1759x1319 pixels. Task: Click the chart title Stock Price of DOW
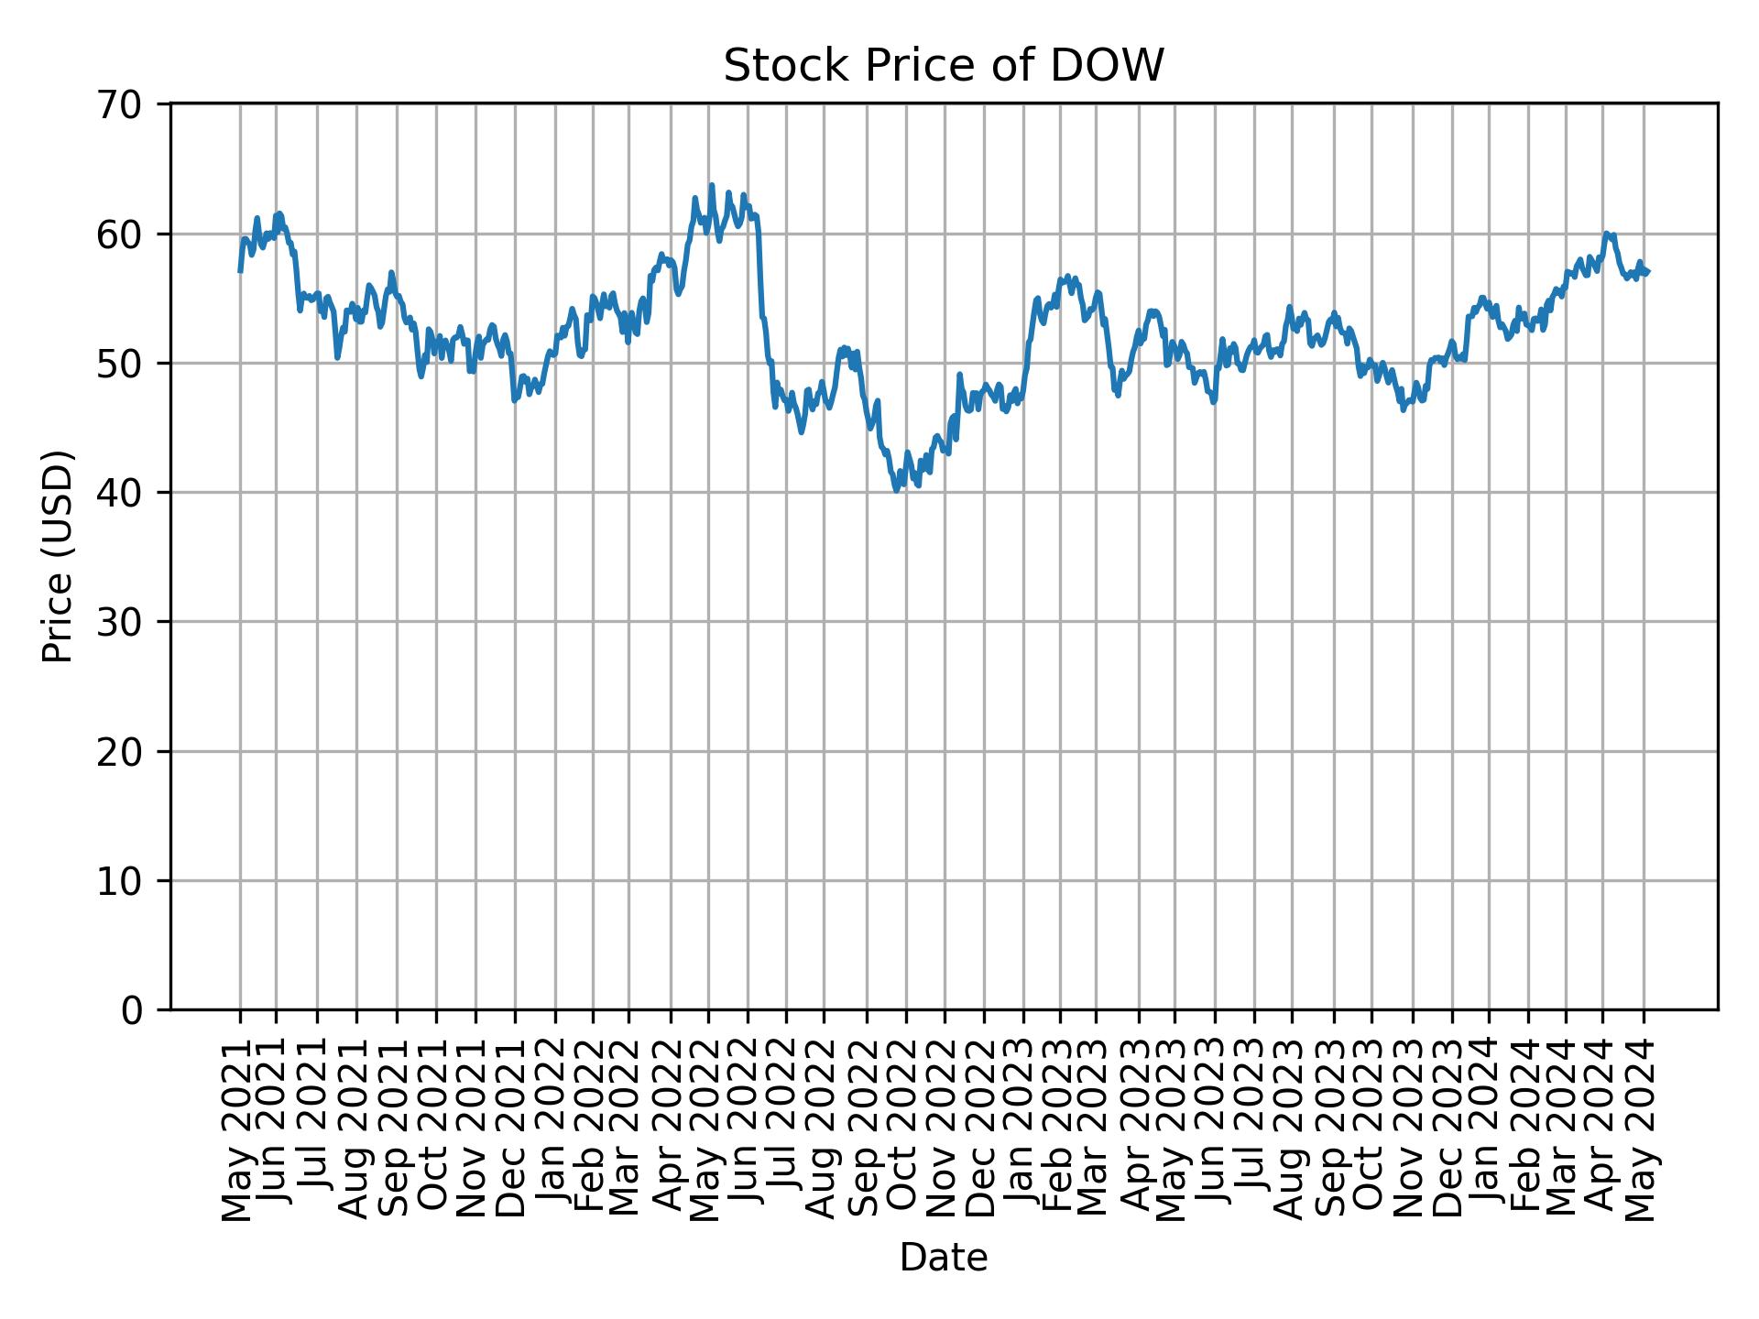[943, 66]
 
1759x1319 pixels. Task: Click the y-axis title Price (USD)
[57, 556]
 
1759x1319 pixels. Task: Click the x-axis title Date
[943, 1258]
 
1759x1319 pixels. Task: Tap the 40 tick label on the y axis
[118, 493]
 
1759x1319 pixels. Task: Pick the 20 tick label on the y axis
[118, 752]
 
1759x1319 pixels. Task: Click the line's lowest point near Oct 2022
[896, 491]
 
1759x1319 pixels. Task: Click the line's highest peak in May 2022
[711, 186]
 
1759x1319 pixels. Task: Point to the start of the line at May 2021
[240, 271]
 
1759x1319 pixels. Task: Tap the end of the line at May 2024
[1648, 272]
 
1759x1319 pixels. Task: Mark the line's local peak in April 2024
[1607, 234]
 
